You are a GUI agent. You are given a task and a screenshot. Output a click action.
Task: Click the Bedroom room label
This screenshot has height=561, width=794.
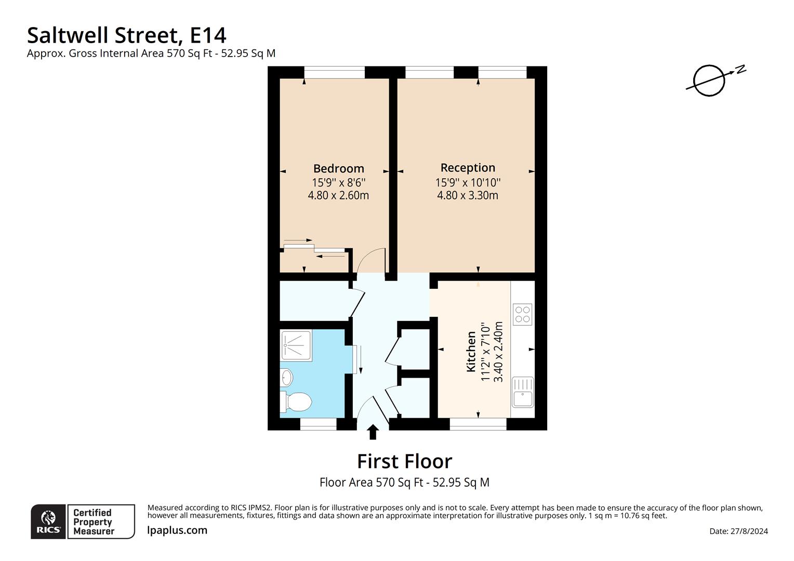tap(338, 168)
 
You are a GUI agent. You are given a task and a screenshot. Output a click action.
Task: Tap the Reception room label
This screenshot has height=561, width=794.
tap(468, 167)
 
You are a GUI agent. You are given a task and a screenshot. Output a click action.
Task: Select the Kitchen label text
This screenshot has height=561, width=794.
tap(471, 352)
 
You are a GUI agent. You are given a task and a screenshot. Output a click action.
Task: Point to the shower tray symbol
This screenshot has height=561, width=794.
tap(296, 345)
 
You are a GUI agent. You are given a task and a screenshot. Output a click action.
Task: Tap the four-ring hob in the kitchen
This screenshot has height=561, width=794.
tap(522, 314)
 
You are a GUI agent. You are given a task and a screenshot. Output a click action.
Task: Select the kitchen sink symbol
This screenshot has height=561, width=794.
tap(522, 392)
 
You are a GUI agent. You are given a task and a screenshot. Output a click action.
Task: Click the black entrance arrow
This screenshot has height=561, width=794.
tap(373, 432)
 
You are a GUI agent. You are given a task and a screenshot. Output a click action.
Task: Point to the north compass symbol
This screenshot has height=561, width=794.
tap(710, 81)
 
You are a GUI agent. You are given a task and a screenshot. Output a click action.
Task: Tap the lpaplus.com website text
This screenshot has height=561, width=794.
tap(177, 530)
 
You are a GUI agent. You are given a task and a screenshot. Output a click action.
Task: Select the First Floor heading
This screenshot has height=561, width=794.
tap(404, 461)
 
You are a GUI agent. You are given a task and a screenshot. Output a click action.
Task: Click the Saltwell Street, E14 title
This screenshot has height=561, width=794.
tap(127, 35)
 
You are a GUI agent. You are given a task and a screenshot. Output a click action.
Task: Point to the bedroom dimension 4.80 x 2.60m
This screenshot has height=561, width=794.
tap(338, 195)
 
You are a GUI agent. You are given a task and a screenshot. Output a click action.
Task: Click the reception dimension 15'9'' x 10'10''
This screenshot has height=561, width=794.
tap(468, 182)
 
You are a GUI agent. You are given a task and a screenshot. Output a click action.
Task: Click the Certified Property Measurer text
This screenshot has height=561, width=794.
tap(94, 522)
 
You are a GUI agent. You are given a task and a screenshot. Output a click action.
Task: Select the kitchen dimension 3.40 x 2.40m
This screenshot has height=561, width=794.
tap(498, 352)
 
